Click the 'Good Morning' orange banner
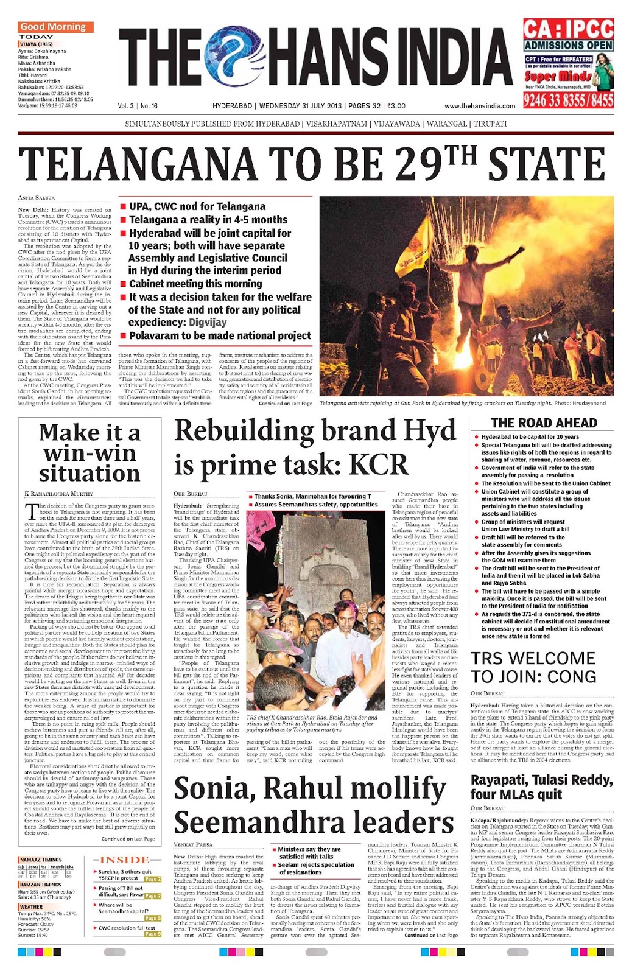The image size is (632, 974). [55, 27]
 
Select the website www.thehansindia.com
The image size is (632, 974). [480, 106]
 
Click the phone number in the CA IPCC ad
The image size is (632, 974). [568, 100]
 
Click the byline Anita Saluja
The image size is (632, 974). [37, 198]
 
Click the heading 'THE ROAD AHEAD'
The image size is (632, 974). [544, 423]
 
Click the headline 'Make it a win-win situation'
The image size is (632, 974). [90, 453]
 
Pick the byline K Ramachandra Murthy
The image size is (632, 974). [59, 494]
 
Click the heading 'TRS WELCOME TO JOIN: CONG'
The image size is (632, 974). [533, 668]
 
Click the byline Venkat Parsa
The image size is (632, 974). [193, 844]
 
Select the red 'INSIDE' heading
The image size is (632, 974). [124, 860]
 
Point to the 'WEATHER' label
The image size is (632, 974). [32, 906]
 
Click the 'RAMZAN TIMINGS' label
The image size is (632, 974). [40, 885]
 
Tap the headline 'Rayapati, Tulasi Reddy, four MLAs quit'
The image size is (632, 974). [541, 787]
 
